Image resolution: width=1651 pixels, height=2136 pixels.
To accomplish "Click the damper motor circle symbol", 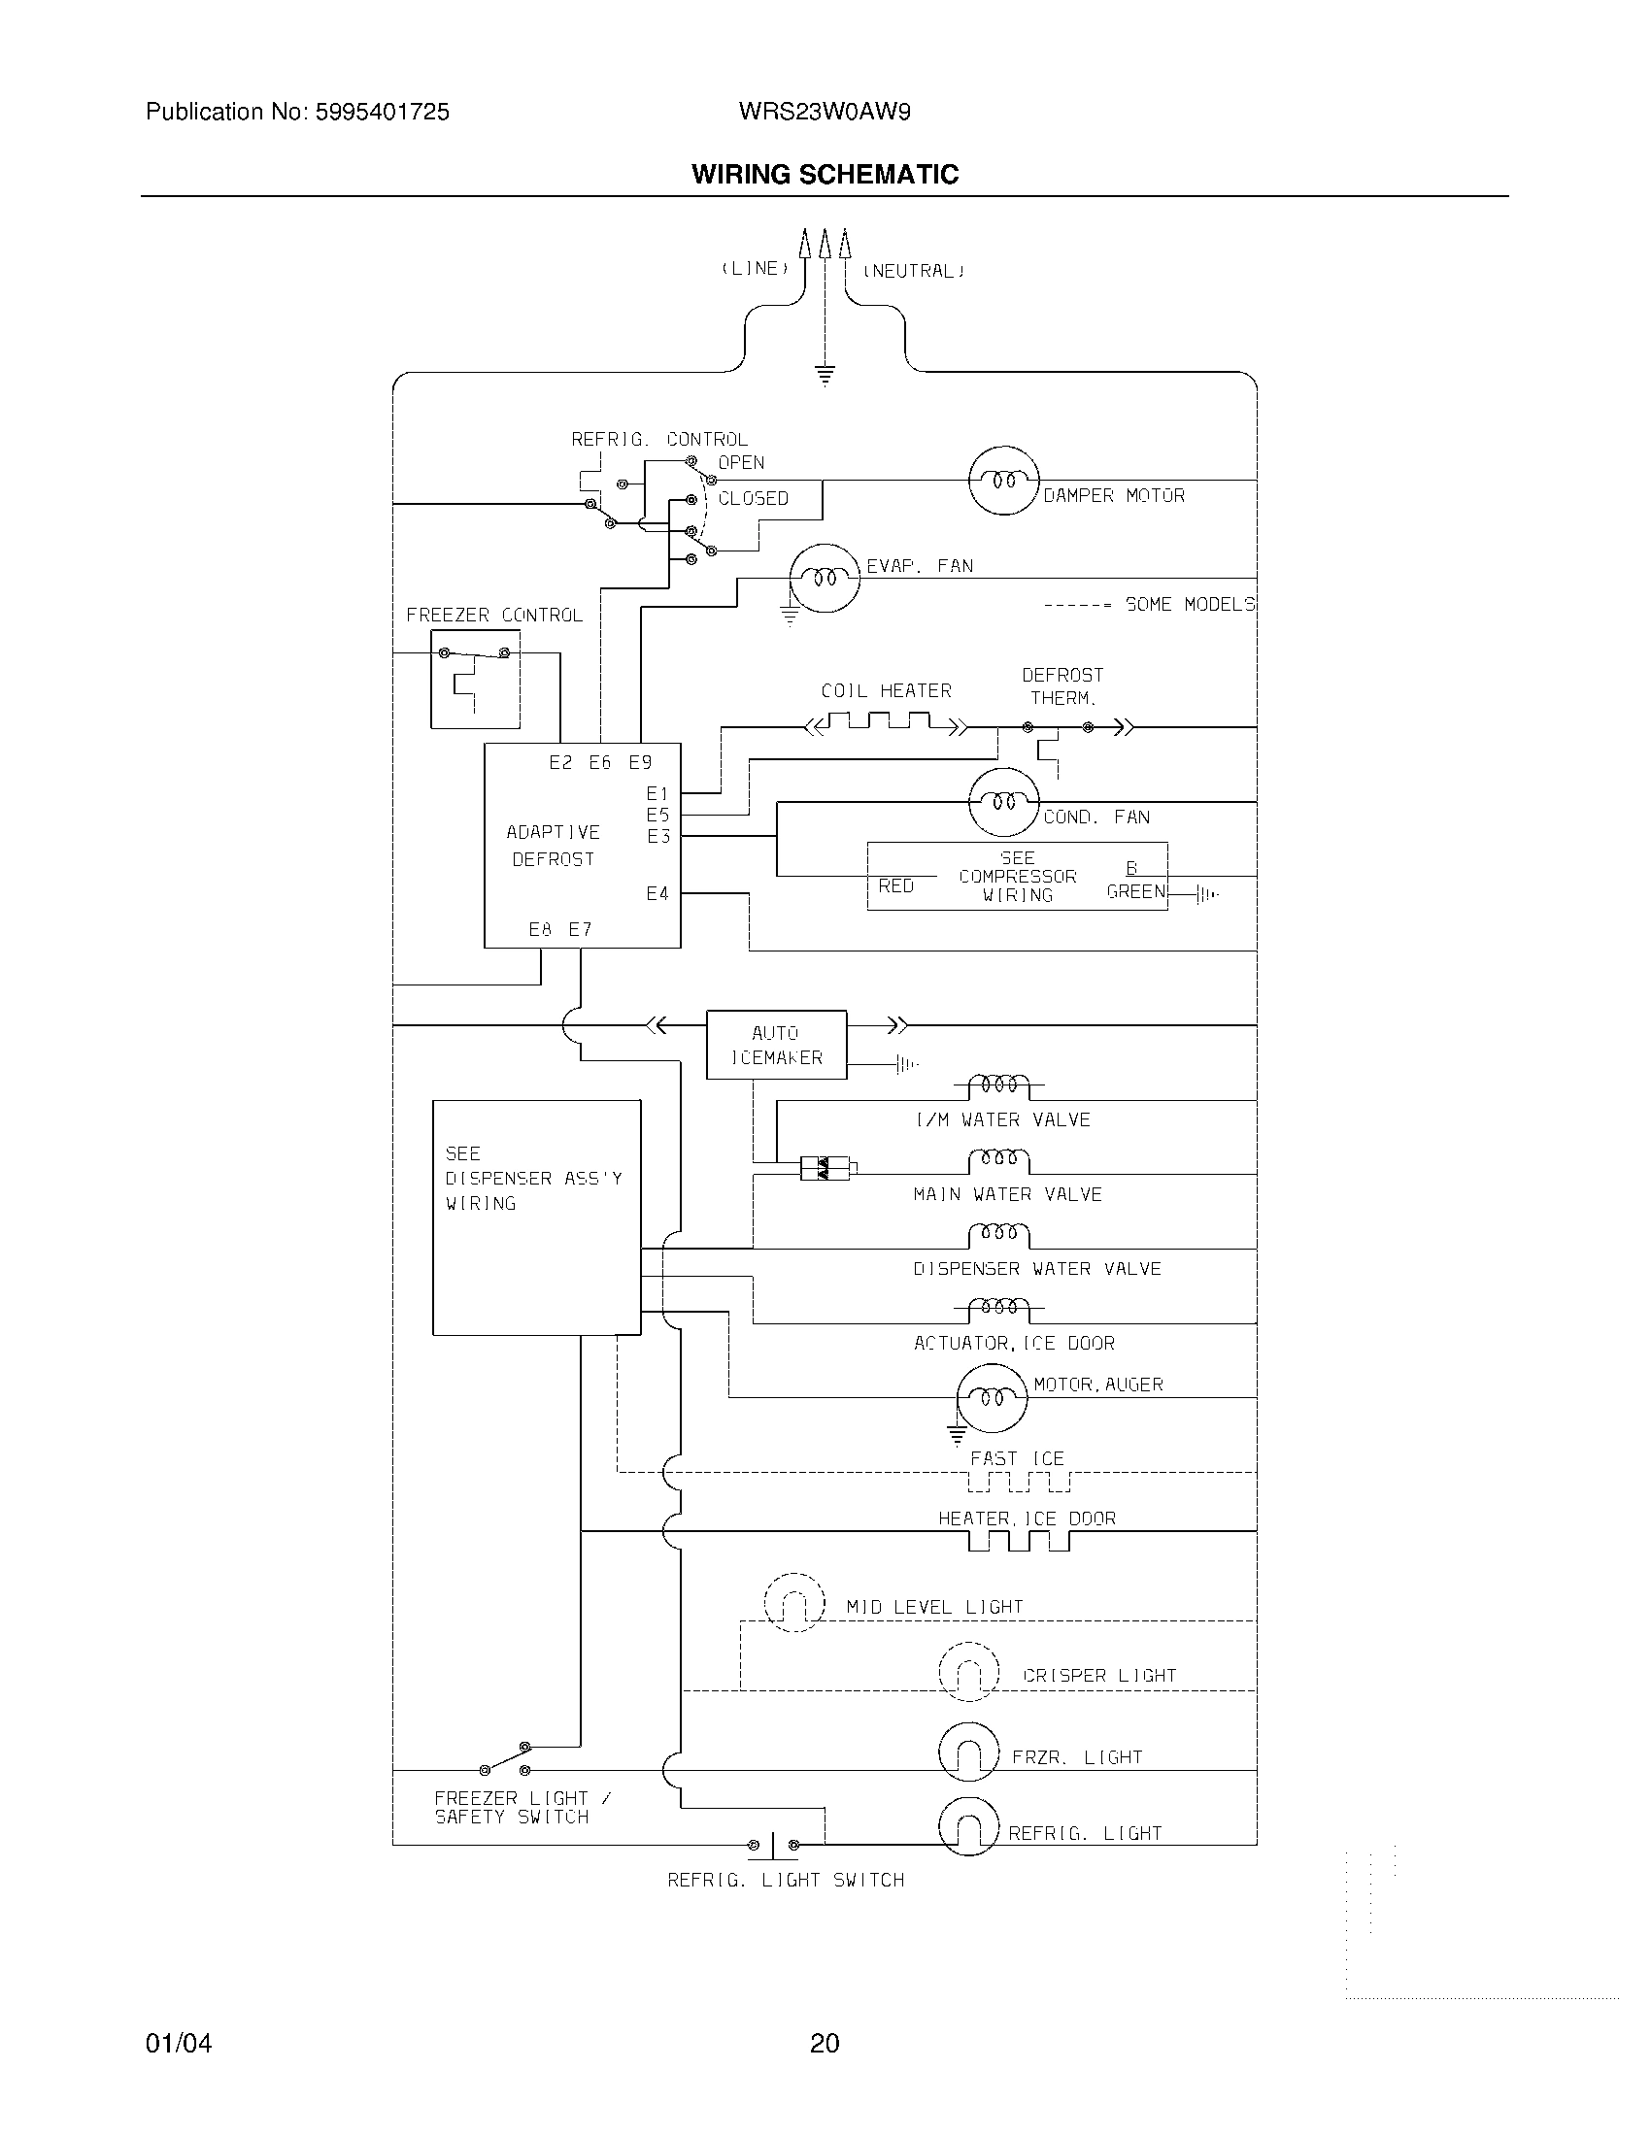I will coord(1002,481).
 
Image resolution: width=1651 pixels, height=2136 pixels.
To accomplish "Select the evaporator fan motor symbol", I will coord(825,578).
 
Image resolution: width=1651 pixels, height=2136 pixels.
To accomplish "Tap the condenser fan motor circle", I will coord(1002,802).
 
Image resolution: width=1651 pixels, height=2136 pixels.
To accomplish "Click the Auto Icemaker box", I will coord(777,1045).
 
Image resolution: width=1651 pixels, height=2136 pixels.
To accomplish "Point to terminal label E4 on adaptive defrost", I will coord(657,893).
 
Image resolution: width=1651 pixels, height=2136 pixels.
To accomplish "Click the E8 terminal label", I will coord(540,929).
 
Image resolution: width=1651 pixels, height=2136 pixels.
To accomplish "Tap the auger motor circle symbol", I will coord(992,1397).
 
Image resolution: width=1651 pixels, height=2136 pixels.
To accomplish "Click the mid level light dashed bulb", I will coord(793,1602).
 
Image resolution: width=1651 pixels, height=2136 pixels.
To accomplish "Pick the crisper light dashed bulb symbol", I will coord(968,1672).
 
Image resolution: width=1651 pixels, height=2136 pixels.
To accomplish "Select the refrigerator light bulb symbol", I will coord(968,1827).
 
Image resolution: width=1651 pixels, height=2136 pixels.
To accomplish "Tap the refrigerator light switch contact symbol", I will coord(773,1845).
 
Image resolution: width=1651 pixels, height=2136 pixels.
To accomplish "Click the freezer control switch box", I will coord(475,679).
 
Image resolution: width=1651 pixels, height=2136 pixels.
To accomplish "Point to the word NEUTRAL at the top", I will coord(913,271).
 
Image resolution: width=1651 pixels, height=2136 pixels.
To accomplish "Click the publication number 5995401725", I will coord(382,113).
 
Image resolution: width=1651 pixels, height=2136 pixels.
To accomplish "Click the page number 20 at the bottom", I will coord(825,2043).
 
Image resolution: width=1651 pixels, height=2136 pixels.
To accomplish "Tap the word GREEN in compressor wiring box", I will coord(1135,891).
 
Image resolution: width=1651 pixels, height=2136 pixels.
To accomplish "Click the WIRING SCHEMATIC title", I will coord(825,174).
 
